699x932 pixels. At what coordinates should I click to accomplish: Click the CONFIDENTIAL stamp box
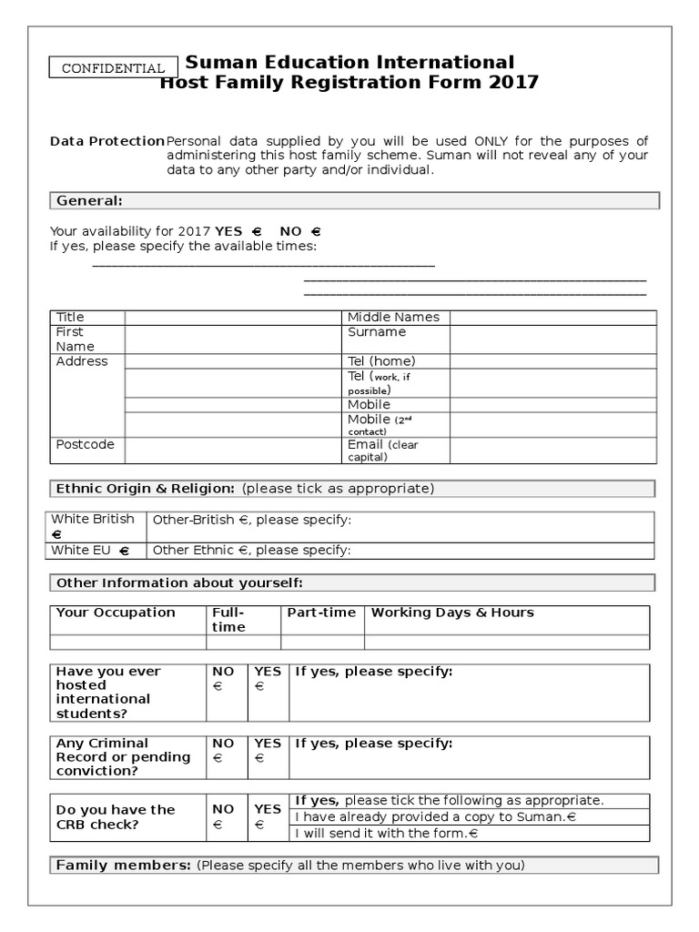tap(112, 68)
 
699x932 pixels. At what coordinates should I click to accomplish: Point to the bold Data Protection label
tap(106, 141)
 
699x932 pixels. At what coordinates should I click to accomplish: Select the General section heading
tap(89, 200)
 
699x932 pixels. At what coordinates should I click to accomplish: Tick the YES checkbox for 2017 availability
tap(257, 231)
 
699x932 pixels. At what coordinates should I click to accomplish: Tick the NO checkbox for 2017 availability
tap(315, 231)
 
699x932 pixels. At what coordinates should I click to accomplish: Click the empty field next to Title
tap(231, 317)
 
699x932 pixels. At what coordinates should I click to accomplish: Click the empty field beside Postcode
tap(231, 450)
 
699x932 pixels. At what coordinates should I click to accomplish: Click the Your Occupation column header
tap(116, 613)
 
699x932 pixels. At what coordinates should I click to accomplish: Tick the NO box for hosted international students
tap(218, 687)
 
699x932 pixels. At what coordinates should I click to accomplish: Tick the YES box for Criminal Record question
tap(259, 757)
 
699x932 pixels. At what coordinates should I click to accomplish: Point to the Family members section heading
tap(123, 865)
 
